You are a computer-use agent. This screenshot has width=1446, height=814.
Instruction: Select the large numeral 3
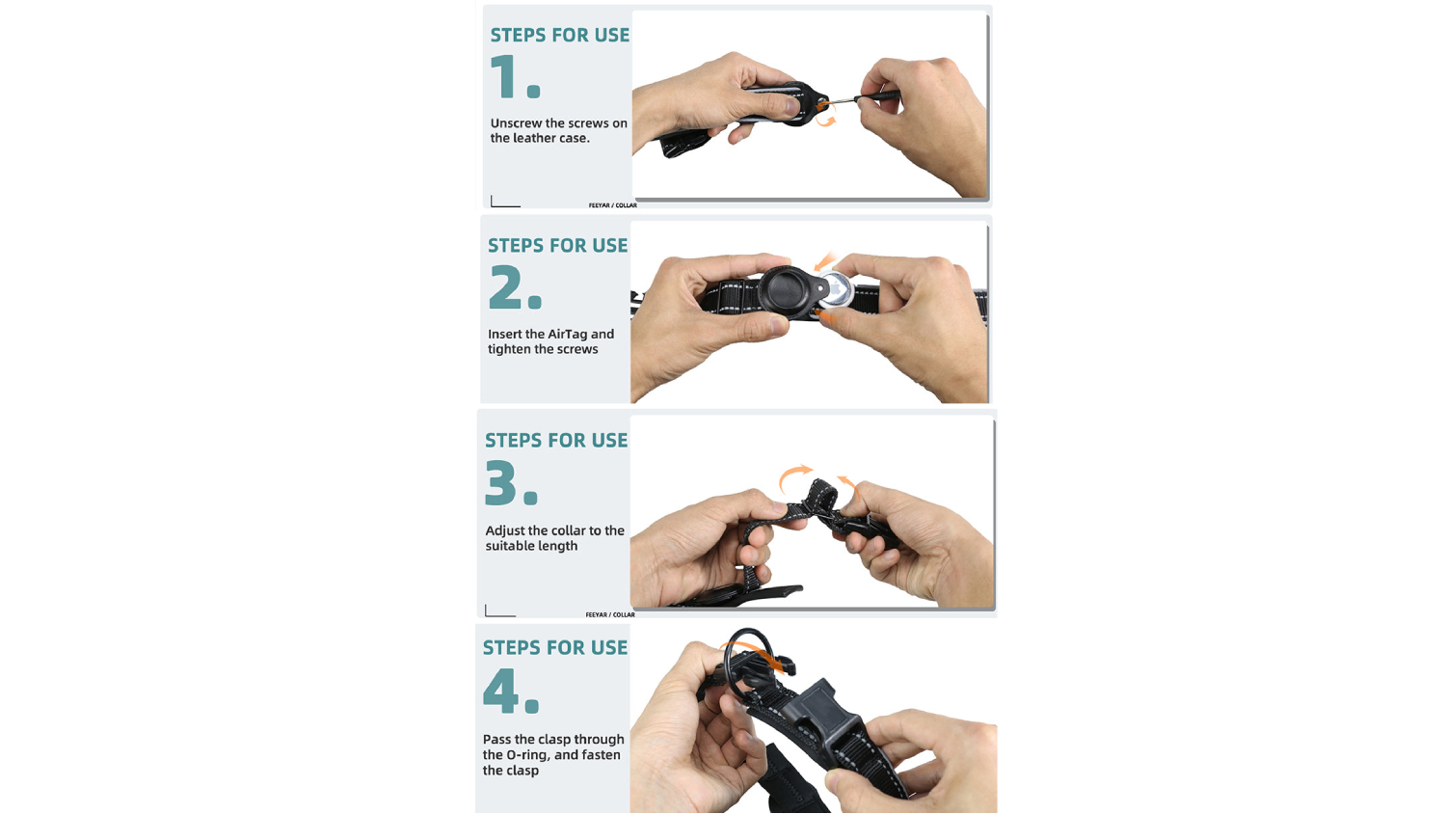coord(503,482)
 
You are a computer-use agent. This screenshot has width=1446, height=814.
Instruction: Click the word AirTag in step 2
coord(568,334)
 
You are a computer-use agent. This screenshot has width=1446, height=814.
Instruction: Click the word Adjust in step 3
coord(505,531)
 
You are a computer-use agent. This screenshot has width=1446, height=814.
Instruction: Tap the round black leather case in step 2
coord(789,291)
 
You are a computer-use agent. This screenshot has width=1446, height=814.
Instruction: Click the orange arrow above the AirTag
coord(823,260)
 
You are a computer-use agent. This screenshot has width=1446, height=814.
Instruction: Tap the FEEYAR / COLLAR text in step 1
coord(612,205)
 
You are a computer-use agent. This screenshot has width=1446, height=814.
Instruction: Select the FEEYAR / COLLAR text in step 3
coord(610,615)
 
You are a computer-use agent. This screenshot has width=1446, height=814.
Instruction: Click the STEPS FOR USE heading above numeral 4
coord(555,647)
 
